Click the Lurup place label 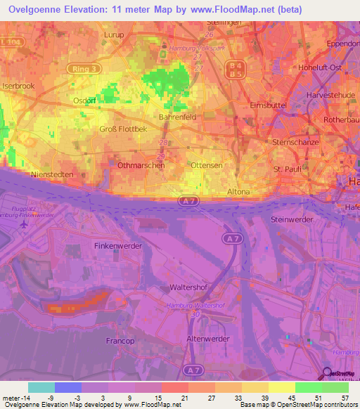[113, 54]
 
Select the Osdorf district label [85, 100]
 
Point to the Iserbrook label [18, 86]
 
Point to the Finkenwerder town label [118, 246]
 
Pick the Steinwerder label [291, 219]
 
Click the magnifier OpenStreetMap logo [328, 374]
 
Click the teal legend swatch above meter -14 [41, 387]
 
